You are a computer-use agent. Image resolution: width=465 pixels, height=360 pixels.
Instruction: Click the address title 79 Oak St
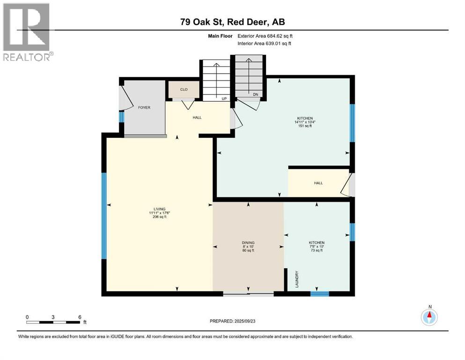tap(232, 22)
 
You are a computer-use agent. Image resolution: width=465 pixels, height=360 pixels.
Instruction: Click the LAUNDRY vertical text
tap(297, 279)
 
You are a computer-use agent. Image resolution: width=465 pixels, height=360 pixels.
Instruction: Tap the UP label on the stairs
tap(224, 98)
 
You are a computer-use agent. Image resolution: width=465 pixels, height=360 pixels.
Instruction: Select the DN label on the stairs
tap(256, 94)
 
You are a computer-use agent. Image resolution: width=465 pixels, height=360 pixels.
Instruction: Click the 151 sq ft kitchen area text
tap(305, 127)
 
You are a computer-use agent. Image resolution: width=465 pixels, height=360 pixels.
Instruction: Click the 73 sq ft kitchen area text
tap(317, 251)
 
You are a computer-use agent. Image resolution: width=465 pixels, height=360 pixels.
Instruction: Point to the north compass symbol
tap(429, 317)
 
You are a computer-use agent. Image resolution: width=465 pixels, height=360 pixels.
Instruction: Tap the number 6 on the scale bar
tap(79, 317)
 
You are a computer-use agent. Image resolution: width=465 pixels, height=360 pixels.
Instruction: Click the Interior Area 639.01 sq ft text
tap(265, 44)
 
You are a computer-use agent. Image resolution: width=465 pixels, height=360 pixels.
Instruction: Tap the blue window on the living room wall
tap(104, 216)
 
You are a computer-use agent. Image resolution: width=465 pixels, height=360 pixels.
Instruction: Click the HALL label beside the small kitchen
tap(318, 183)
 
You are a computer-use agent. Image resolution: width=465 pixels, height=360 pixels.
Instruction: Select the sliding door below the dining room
tap(248, 294)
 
